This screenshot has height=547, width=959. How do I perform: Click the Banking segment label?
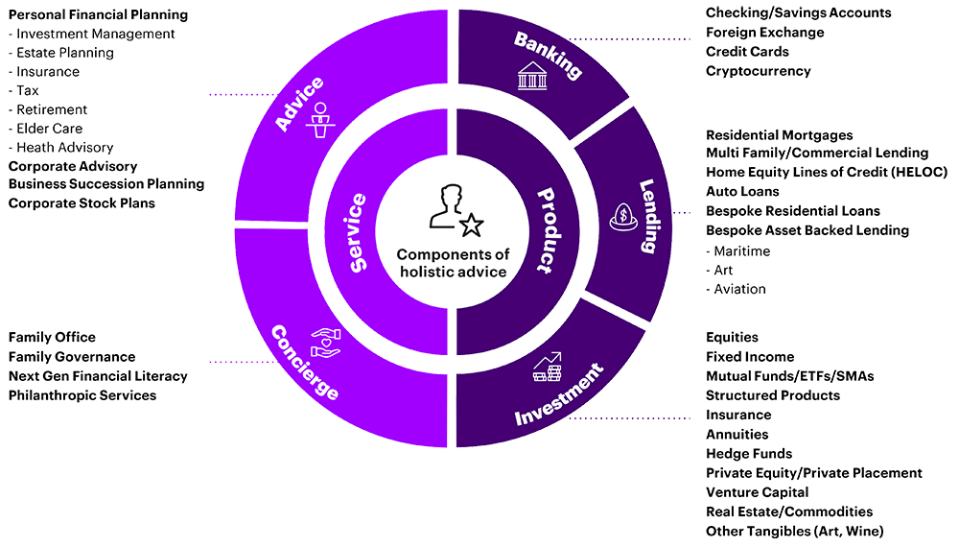tap(549, 55)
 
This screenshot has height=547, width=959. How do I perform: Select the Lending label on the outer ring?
tap(647, 216)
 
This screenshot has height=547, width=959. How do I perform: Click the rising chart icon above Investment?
tap(548, 366)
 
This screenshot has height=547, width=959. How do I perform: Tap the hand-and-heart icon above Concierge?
tap(326, 341)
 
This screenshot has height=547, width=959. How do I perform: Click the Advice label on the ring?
tap(299, 103)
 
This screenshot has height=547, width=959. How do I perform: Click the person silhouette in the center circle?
tap(447, 207)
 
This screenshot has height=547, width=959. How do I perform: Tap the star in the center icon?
tap(472, 225)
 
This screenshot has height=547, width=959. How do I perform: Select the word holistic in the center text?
tap(423, 272)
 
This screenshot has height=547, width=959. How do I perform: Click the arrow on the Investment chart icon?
tap(554, 357)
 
